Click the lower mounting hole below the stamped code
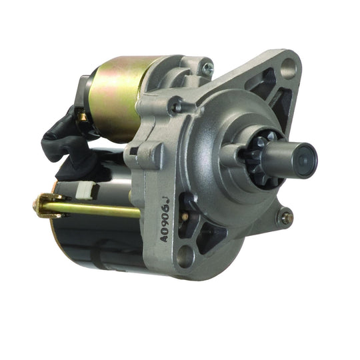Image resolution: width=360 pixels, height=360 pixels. (x=185, y=254)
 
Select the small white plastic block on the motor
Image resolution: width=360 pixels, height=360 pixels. (x=85, y=191)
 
